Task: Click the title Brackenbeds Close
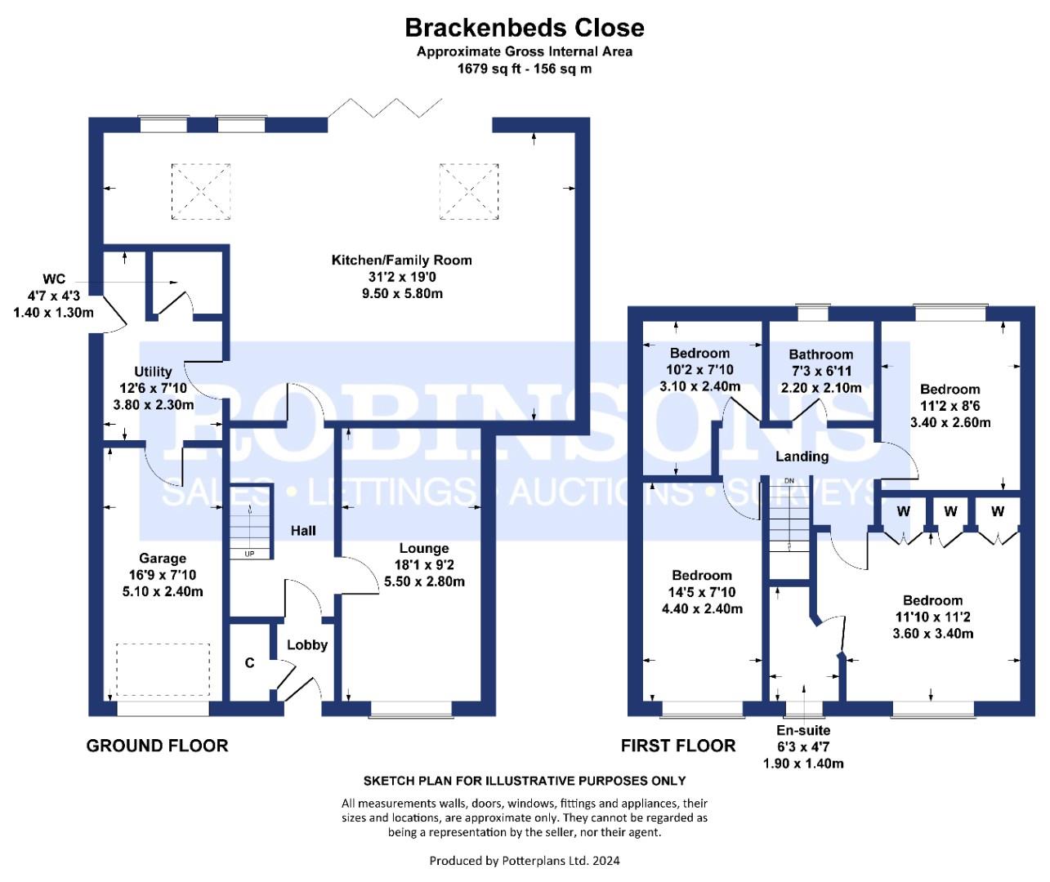pos(525,28)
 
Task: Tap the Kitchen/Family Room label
pos(401,261)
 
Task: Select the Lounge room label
pos(424,548)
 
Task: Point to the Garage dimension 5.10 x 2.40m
pos(163,591)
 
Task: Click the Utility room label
pos(153,372)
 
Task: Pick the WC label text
pos(54,279)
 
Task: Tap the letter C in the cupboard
pos(249,663)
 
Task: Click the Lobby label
pos(307,645)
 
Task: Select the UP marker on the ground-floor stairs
pos(249,554)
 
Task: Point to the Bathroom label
pos(820,354)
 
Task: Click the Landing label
pos(802,457)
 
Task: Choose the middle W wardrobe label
pos(950,511)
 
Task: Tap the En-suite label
pos(803,730)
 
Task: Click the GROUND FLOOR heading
pos(158,746)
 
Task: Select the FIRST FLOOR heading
pos(678,746)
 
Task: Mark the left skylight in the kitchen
pos(201,191)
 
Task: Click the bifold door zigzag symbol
pos(385,108)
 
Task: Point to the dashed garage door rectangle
pos(163,670)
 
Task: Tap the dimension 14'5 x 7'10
pos(702,592)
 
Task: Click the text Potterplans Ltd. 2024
pos(561,861)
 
